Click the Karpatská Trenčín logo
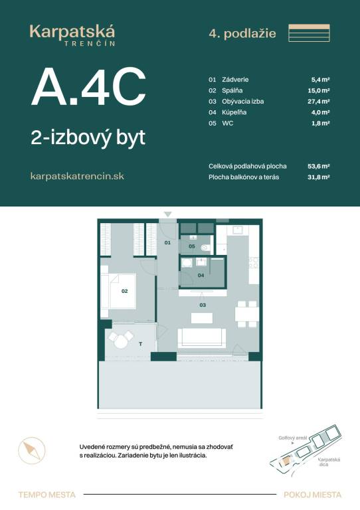(x=72, y=34)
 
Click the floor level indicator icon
(x=310, y=33)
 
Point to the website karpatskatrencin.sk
(x=77, y=176)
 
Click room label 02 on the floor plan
(x=124, y=290)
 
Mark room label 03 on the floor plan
(x=203, y=305)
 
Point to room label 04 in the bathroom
(x=200, y=274)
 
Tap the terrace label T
(x=140, y=344)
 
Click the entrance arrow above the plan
(x=168, y=214)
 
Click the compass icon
(x=30, y=452)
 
